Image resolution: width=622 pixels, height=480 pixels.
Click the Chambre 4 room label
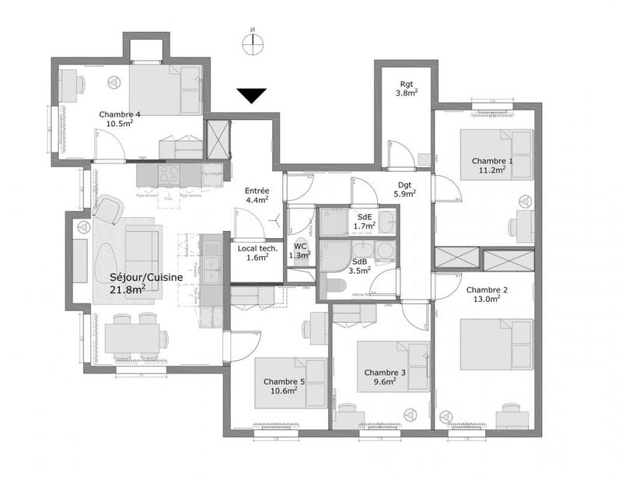coord(120,118)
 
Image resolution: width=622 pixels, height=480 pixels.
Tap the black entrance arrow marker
coord(252,96)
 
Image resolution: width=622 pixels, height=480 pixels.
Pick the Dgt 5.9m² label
coord(404,189)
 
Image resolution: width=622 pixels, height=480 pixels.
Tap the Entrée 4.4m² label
coord(257,194)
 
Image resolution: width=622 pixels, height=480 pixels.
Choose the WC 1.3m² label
coord(299,251)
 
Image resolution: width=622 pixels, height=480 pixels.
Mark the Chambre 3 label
coord(385,377)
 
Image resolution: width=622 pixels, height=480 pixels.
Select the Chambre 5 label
coord(284,385)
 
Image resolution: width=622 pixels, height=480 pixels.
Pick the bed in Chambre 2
coord(495,340)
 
